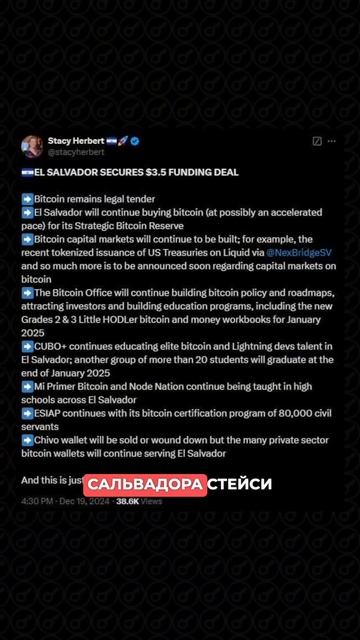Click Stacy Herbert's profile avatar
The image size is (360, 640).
(31, 147)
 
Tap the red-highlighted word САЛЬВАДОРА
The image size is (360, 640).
(146, 484)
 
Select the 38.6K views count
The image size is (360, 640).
(127, 501)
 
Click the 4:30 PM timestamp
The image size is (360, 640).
(38, 501)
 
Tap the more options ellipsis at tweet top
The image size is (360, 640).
(337, 142)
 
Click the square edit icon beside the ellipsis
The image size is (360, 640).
(317, 142)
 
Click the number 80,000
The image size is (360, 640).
(268, 411)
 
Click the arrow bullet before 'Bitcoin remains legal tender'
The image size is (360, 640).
(26, 199)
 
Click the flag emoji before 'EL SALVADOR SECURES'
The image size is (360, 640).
(26, 172)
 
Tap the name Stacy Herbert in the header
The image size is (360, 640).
(75, 141)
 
